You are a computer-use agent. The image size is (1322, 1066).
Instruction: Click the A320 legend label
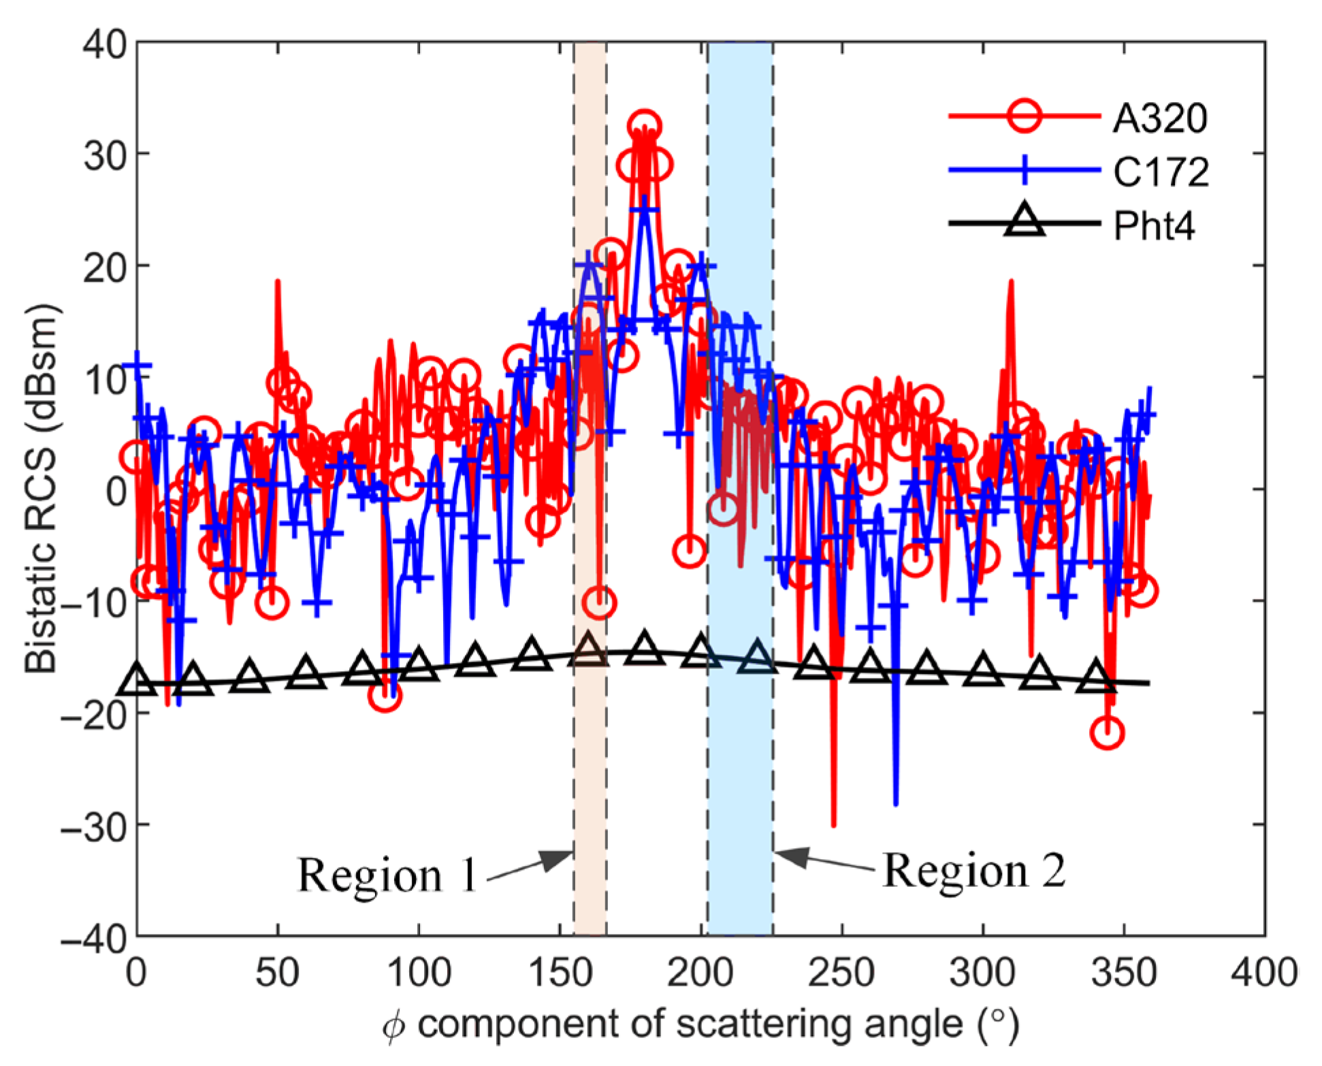point(1160,118)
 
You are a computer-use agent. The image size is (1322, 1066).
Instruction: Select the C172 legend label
point(1161,172)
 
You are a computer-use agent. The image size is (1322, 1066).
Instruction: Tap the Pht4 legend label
point(1155,225)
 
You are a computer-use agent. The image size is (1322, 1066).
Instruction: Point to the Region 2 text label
point(974,871)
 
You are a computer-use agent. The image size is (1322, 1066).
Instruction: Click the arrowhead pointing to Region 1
point(560,860)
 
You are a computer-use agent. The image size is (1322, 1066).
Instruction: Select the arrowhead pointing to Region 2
point(790,857)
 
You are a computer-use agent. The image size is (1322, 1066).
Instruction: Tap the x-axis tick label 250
point(842,973)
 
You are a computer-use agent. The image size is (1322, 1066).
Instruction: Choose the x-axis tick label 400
point(1264,973)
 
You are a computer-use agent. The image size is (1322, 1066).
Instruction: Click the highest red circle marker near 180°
point(644,126)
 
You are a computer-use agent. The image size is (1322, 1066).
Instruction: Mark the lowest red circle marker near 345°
point(1107,733)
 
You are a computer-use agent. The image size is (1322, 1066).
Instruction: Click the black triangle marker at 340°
point(1095,675)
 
